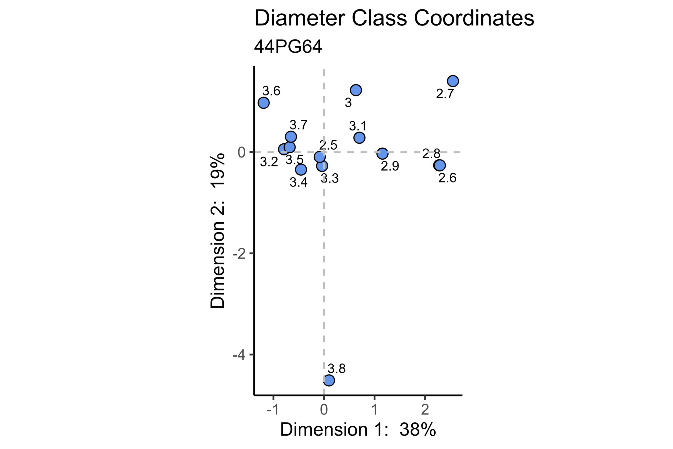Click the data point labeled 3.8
pyautogui.click(x=329, y=380)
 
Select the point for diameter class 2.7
pyautogui.click(x=453, y=81)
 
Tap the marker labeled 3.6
pyautogui.click(x=263, y=103)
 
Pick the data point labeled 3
pyautogui.click(x=356, y=90)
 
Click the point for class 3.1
pyautogui.click(x=359, y=138)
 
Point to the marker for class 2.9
pyautogui.click(x=382, y=154)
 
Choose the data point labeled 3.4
pyautogui.click(x=301, y=169)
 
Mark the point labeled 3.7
pyautogui.click(x=291, y=137)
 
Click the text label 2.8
pyautogui.click(x=431, y=154)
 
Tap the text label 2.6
pyautogui.click(x=447, y=178)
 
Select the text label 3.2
pyautogui.click(x=269, y=162)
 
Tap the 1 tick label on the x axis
pyautogui.click(x=374, y=410)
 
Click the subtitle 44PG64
pyautogui.click(x=288, y=47)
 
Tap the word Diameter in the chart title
pyautogui.click(x=300, y=18)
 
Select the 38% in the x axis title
pyautogui.click(x=417, y=430)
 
